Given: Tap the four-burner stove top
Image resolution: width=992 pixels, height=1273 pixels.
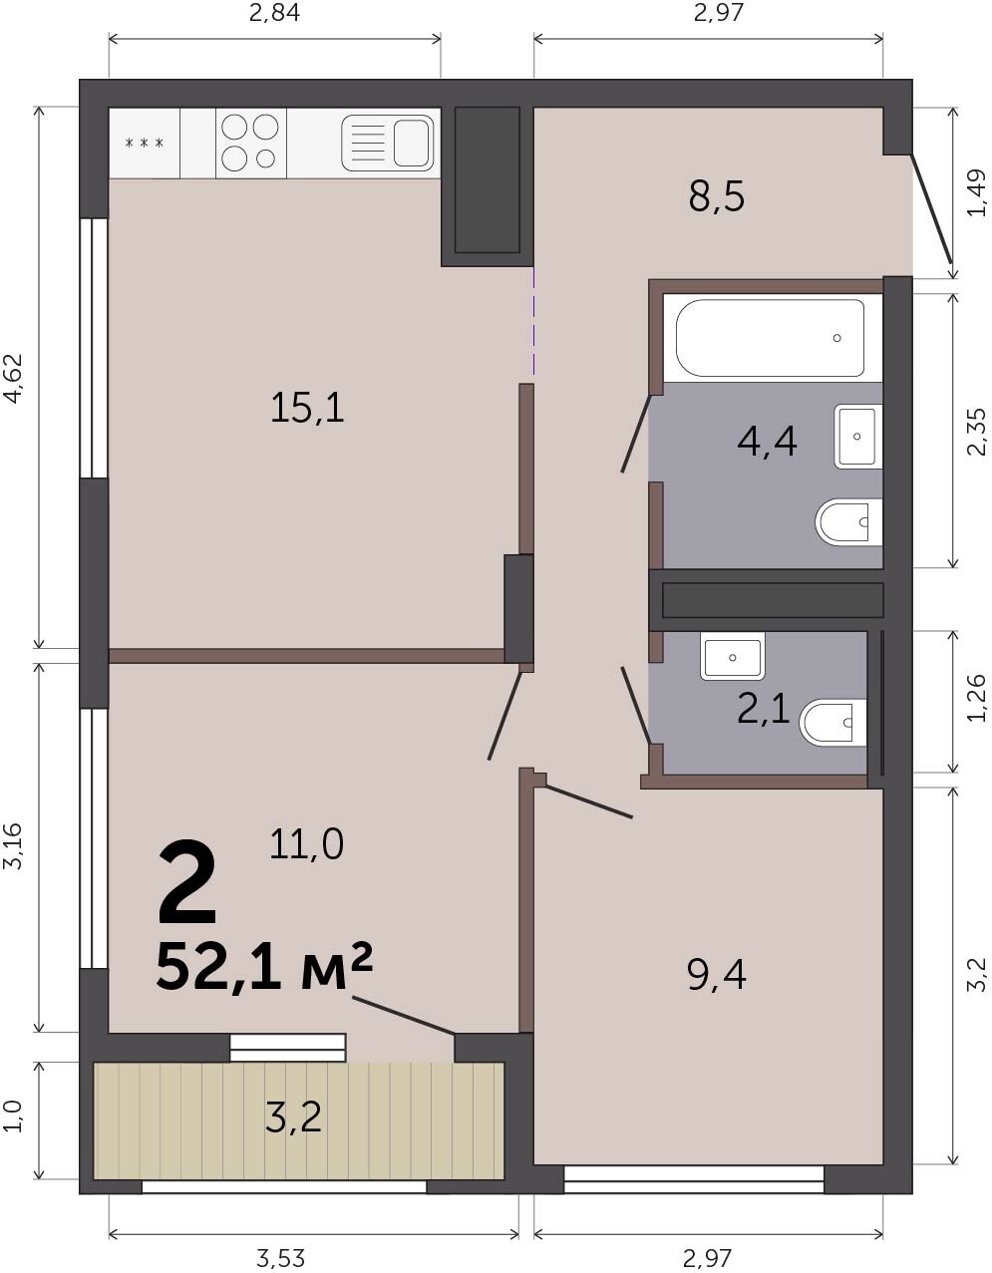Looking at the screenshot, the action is click(251, 143).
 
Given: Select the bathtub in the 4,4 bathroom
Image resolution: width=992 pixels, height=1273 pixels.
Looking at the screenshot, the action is click(770, 338).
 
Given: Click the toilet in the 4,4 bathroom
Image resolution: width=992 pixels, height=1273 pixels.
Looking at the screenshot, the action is click(849, 522).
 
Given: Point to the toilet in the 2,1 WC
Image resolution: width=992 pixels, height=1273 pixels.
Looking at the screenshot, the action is click(833, 723).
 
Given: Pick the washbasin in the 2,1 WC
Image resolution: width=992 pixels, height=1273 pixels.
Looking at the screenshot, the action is click(733, 657).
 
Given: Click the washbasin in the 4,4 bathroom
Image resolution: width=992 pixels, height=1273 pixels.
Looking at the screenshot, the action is click(858, 437).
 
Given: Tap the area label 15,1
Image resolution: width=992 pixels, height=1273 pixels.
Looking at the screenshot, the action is click(307, 409).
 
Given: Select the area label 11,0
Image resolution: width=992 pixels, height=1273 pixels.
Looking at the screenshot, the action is click(306, 845).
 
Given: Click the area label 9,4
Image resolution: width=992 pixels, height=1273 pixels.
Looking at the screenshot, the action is click(717, 976).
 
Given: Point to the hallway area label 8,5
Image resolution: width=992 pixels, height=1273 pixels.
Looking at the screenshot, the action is click(717, 196).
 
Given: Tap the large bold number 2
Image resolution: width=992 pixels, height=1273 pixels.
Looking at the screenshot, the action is click(187, 886).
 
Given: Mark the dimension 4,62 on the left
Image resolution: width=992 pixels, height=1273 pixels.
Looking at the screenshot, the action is click(13, 379).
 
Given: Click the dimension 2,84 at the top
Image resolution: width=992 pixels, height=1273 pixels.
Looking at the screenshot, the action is click(274, 13).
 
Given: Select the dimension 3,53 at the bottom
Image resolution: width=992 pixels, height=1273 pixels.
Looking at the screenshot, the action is click(280, 1258).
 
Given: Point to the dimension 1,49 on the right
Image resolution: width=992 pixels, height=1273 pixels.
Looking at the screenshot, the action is click(977, 192).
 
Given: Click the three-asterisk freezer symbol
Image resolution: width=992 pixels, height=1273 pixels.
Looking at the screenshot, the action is click(145, 143).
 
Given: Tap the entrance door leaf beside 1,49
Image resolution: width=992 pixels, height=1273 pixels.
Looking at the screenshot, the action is click(930, 208).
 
